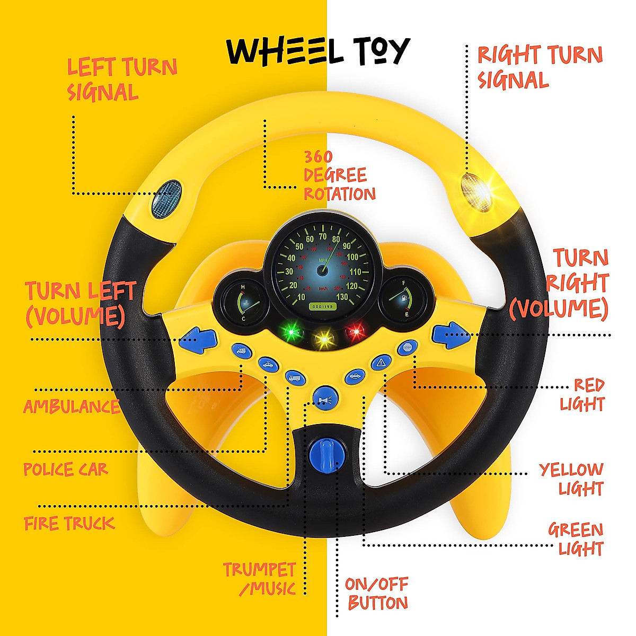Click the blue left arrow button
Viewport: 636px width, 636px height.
coord(198,339)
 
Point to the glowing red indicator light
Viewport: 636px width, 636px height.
coord(356,332)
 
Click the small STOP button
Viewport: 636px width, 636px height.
coord(407,348)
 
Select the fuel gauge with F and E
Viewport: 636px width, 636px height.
coord(402,300)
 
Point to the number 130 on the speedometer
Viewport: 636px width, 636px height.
coord(342,296)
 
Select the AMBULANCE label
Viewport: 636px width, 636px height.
coord(72,407)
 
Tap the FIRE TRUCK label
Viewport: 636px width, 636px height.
coord(69,524)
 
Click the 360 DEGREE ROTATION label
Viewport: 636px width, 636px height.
coord(339,175)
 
